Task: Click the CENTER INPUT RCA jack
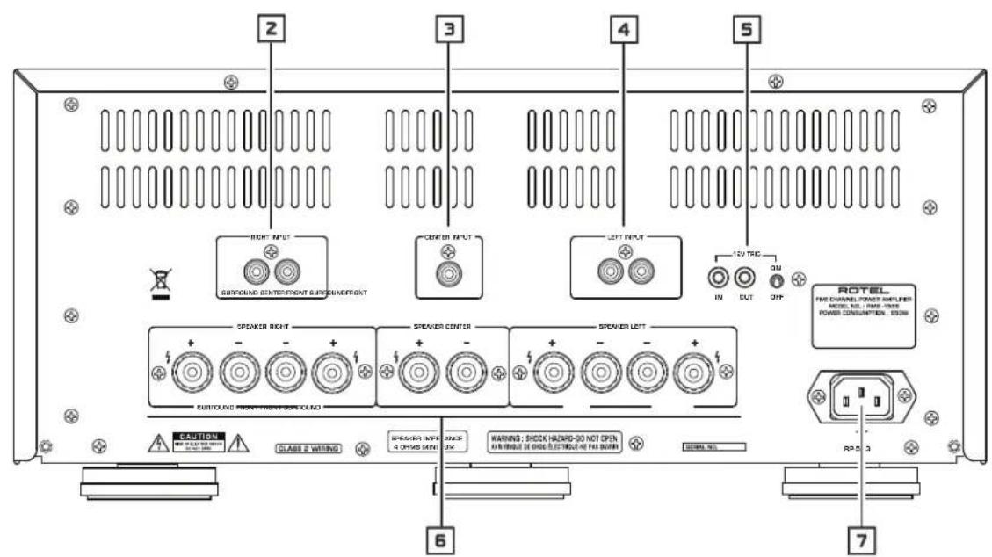(448, 283)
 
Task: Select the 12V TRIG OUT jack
(747, 278)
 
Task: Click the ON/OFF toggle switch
(776, 281)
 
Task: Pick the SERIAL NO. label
(712, 446)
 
